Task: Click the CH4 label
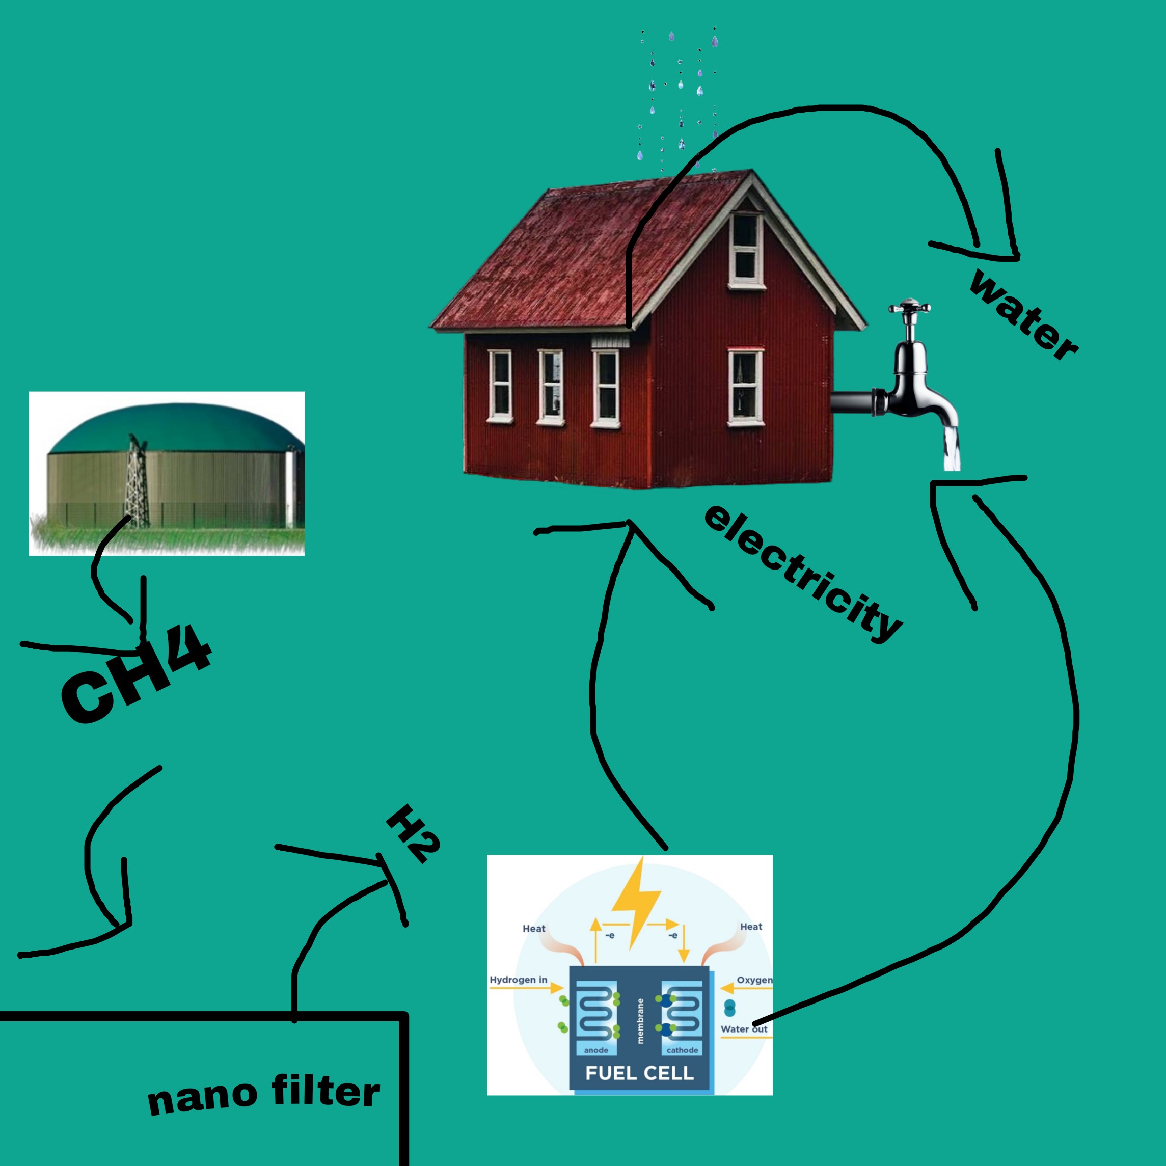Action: click(x=137, y=673)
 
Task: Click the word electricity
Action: click(x=803, y=574)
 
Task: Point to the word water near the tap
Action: click(x=1023, y=314)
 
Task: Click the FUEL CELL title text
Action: click(x=640, y=1073)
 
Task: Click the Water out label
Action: click(x=744, y=1029)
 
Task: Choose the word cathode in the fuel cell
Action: click(x=682, y=1050)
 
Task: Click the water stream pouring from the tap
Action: click(x=952, y=448)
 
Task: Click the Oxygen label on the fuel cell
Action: click(x=754, y=980)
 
